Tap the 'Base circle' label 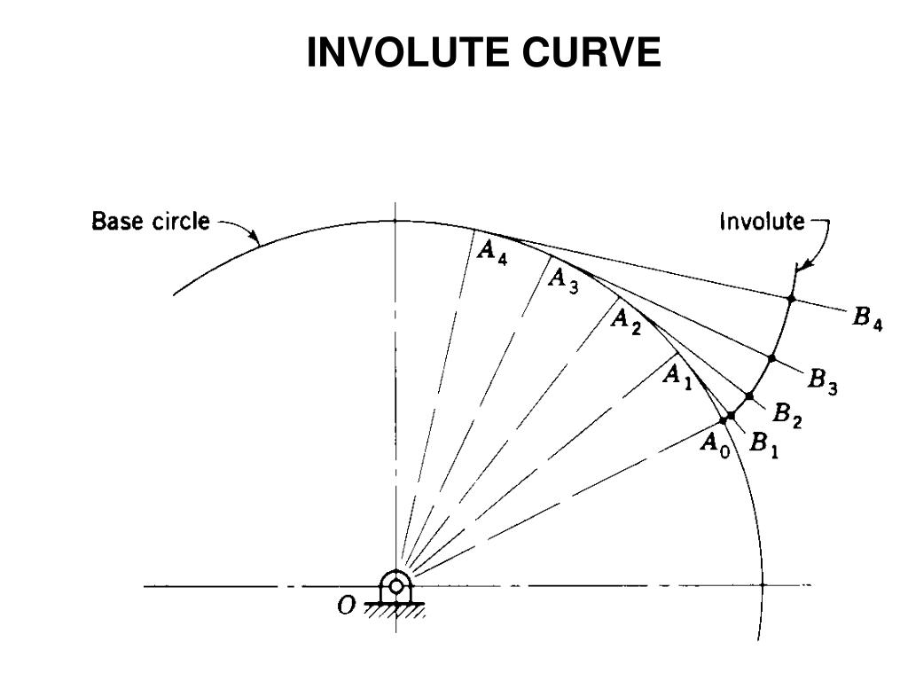click(x=151, y=221)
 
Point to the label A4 click(x=492, y=251)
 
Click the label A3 click(x=563, y=279)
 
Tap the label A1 click(x=678, y=376)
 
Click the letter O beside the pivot click(x=347, y=605)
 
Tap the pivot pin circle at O click(x=395, y=586)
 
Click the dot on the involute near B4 click(x=792, y=299)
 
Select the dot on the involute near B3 click(x=771, y=358)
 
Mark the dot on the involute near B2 click(x=750, y=395)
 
